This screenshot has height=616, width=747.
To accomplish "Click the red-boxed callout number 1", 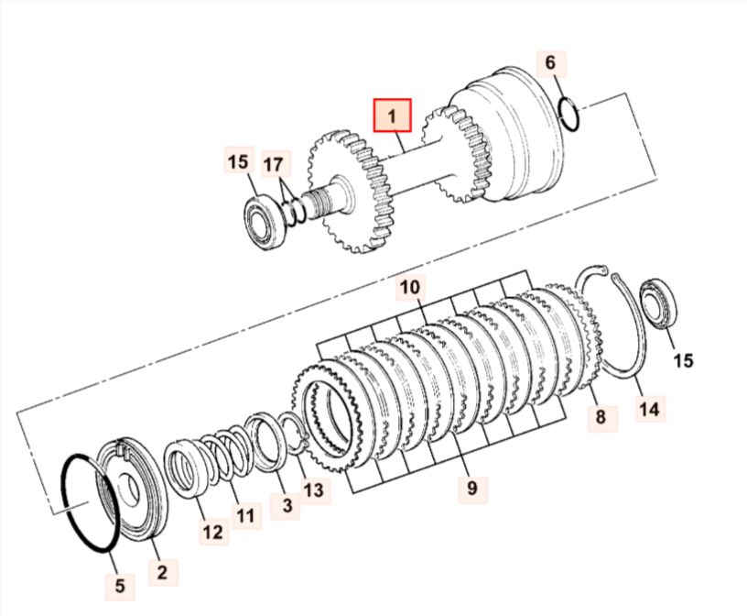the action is tap(392, 115).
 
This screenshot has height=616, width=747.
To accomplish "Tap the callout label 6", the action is tap(550, 62).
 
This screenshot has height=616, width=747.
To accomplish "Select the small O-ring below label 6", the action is tap(569, 113).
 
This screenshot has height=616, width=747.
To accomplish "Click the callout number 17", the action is tap(273, 165).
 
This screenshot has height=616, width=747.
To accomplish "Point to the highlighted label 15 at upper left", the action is tap(238, 161).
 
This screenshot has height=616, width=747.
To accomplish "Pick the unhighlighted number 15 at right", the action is tap(683, 360).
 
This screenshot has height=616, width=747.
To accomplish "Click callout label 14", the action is tap(650, 409).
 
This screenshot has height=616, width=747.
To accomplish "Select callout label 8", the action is tap(601, 416).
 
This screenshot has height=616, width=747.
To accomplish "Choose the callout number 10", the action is tap(410, 287).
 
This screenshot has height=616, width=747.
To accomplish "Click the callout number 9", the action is tap(471, 488).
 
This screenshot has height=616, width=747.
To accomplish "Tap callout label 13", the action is tap(313, 489).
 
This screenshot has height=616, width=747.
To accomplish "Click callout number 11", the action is tap(246, 515).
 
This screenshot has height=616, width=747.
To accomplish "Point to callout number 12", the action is tap(212, 532).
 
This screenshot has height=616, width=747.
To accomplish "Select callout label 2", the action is tap(162, 572).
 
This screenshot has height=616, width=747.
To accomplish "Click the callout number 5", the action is tap(119, 585).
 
